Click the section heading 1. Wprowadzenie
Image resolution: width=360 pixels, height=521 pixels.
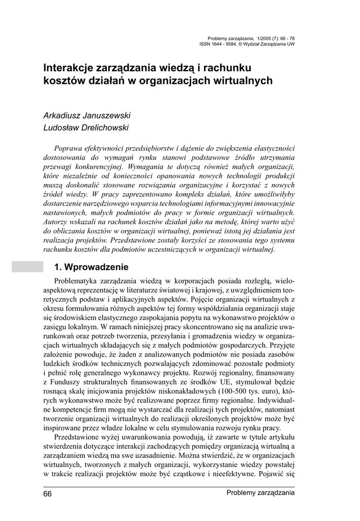pyautogui.click(x=92, y=267)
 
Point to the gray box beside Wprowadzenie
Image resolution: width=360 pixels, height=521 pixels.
pyautogui.click(x=27, y=267)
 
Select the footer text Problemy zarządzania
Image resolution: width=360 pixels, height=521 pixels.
pyautogui.click(x=260, y=493)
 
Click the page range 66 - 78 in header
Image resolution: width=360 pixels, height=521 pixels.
pyautogui.click(x=285, y=38)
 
